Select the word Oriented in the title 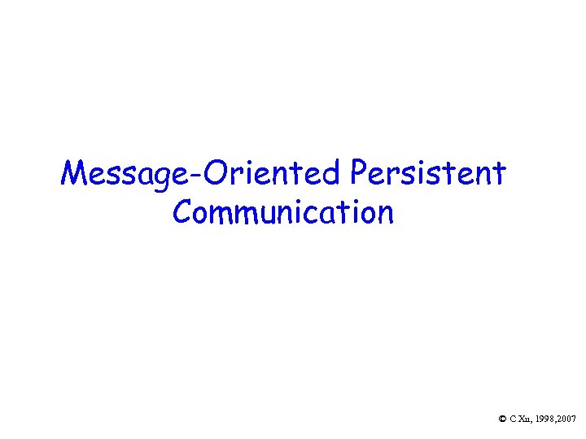271,173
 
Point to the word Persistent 430,173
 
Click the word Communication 283,212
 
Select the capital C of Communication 183,212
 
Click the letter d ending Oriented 335,173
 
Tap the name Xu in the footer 523,419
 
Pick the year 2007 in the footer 566,419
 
